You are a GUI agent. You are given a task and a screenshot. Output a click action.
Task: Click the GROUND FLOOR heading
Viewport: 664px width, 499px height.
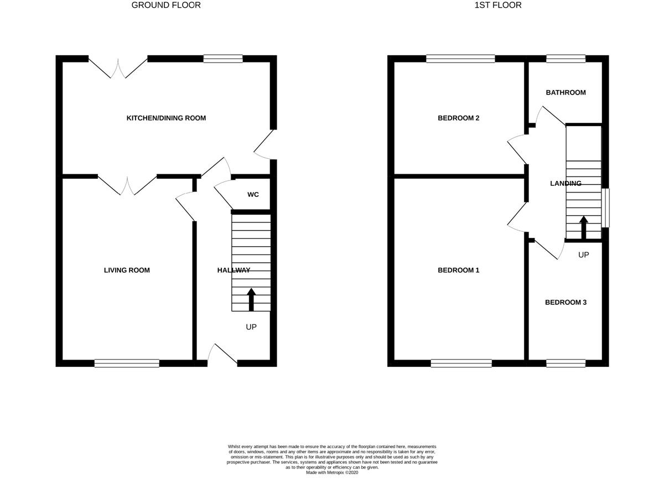pyautogui.click(x=166, y=6)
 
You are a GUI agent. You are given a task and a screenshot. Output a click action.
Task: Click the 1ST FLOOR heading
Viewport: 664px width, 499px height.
pyautogui.click(x=497, y=6)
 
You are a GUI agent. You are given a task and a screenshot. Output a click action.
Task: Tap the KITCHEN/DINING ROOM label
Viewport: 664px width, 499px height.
pyautogui.click(x=166, y=118)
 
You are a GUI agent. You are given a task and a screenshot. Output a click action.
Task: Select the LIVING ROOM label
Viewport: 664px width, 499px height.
pyautogui.click(x=127, y=270)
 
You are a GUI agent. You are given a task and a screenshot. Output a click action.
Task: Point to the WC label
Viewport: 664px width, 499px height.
pyautogui.click(x=253, y=195)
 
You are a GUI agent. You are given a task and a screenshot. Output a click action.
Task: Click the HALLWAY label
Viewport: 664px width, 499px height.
pyautogui.click(x=234, y=270)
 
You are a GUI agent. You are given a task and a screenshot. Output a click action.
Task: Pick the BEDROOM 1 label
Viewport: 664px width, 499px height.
pyautogui.click(x=458, y=270)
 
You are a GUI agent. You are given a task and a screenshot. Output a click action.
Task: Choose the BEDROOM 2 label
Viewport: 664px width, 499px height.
pyautogui.click(x=458, y=118)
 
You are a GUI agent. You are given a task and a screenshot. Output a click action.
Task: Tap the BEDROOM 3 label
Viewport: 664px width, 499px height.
pyautogui.click(x=566, y=302)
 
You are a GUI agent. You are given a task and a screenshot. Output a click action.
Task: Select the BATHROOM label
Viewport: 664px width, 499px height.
pyautogui.click(x=566, y=92)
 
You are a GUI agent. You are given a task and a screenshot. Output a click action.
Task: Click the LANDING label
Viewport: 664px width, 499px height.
pyautogui.click(x=566, y=183)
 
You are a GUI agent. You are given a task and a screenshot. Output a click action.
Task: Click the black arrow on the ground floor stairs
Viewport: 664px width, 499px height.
pyautogui.click(x=251, y=299)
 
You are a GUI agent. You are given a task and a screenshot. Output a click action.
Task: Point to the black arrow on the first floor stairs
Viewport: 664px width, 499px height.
pyautogui.click(x=583, y=227)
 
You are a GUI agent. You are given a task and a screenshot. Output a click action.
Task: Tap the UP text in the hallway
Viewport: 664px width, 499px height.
pyautogui.click(x=251, y=327)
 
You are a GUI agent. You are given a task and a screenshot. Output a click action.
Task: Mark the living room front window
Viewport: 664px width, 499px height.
pyautogui.click(x=127, y=363)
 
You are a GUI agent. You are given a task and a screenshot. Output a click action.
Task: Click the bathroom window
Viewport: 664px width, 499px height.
pyautogui.click(x=566, y=59)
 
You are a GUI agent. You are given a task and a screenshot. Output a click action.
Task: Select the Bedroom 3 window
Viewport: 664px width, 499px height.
pyautogui.click(x=566, y=363)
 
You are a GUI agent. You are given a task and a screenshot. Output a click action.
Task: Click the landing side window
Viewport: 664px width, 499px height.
pyautogui.click(x=605, y=207)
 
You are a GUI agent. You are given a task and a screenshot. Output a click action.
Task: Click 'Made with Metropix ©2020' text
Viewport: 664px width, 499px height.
pyautogui.click(x=332, y=472)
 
